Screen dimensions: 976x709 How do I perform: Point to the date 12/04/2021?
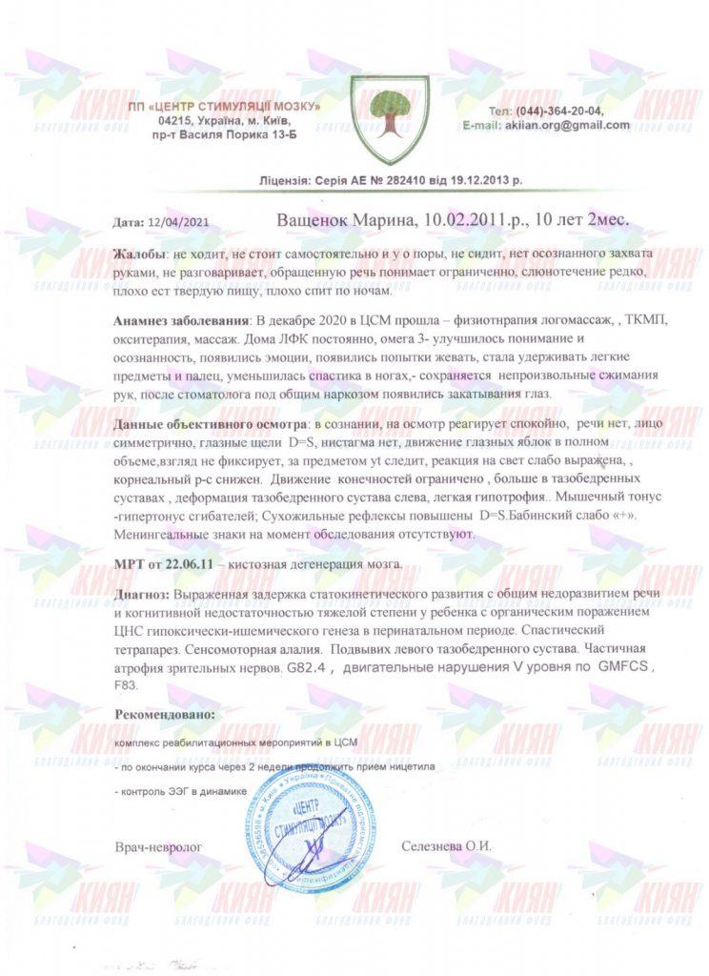[172, 222]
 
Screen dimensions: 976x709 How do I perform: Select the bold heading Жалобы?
[138, 255]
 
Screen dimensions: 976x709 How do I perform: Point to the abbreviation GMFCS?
[625, 668]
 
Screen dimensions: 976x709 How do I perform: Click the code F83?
[127, 684]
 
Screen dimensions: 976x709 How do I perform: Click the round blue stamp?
[304, 838]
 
